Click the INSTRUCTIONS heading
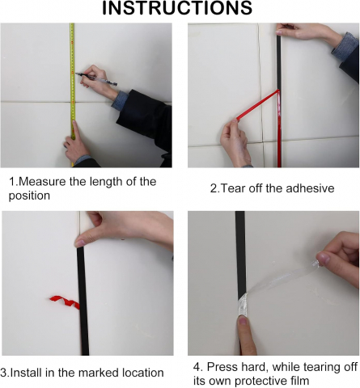point(177,8)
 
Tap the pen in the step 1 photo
point(96,79)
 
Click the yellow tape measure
point(72,95)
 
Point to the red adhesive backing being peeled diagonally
point(258,105)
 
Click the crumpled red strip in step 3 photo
point(65,302)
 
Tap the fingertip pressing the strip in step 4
point(244,322)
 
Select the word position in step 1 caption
point(29,196)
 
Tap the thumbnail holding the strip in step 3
point(80,243)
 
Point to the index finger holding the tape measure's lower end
point(75,130)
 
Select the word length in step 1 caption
point(106,182)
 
